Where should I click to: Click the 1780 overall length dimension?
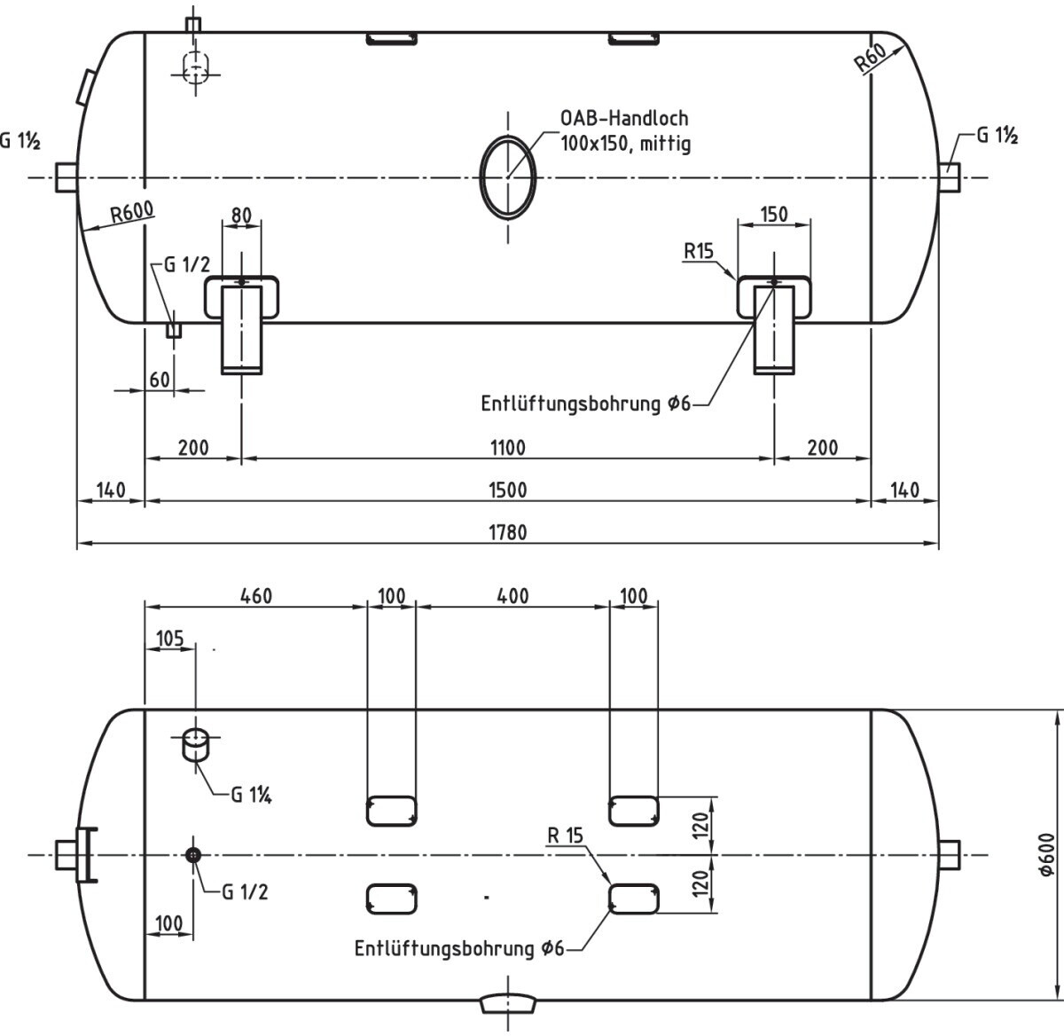pyautogui.click(x=507, y=532)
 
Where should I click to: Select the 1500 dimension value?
pyautogui.click(x=507, y=490)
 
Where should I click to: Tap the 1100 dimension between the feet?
pyautogui.click(x=507, y=447)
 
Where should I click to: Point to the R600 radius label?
pyautogui.click(x=131, y=213)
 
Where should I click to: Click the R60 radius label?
pyautogui.click(x=871, y=59)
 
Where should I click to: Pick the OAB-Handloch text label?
pyautogui.click(x=624, y=118)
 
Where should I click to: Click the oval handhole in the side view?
pyautogui.click(x=508, y=177)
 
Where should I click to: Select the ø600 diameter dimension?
pyautogui.click(x=1046, y=855)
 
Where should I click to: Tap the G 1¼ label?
pyautogui.click(x=251, y=795)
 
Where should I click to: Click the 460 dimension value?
pyautogui.click(x=255, y=596)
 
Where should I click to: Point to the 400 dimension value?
pyautogui.click(x=512, y=596)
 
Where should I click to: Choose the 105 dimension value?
pyautogui.click(x=169, y=639)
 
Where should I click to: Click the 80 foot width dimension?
pyautogui.click(x=241, y=216)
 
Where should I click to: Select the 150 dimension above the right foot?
pyautogui.click(x=774, y=215)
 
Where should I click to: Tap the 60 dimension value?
pyautogui.click(x=160, y=380)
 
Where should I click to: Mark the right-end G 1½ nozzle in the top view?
pyautogui.click(x=951, y=177)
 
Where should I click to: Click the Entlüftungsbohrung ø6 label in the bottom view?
pyautogui.click(x=459, y=948)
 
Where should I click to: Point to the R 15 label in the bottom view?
pyautogui.click(x=566, y=835)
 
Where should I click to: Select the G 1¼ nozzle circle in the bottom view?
pyautogui.click(x=194, y=738)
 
